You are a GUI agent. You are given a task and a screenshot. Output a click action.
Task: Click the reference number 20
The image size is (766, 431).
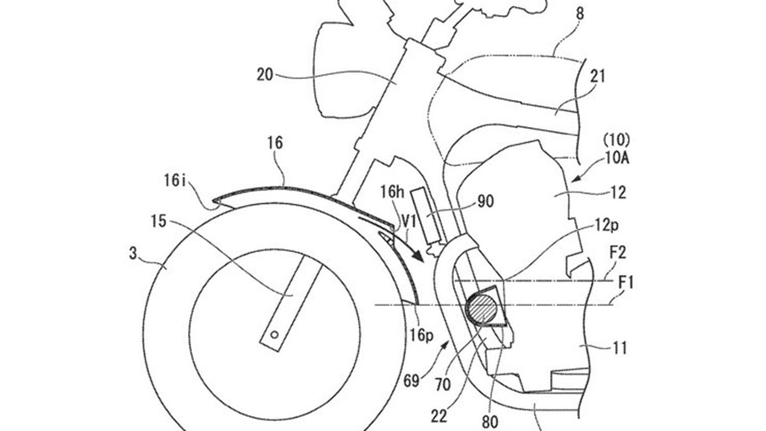pos(265,75)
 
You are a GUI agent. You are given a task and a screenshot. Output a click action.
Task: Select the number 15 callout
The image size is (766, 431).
pos(158,221)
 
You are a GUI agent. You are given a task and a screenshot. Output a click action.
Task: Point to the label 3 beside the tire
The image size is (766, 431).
pos(133,254)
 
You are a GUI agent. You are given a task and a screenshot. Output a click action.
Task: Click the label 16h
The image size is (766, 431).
pos(393,192)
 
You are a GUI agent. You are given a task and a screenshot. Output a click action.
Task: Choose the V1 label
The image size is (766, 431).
pos(409,223)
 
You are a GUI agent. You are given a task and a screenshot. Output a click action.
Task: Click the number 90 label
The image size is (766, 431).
pos(485,202)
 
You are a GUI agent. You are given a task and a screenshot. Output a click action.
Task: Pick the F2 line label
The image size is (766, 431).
pos(618,253)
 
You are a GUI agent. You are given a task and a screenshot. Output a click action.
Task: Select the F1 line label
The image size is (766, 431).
pos(626,283)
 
